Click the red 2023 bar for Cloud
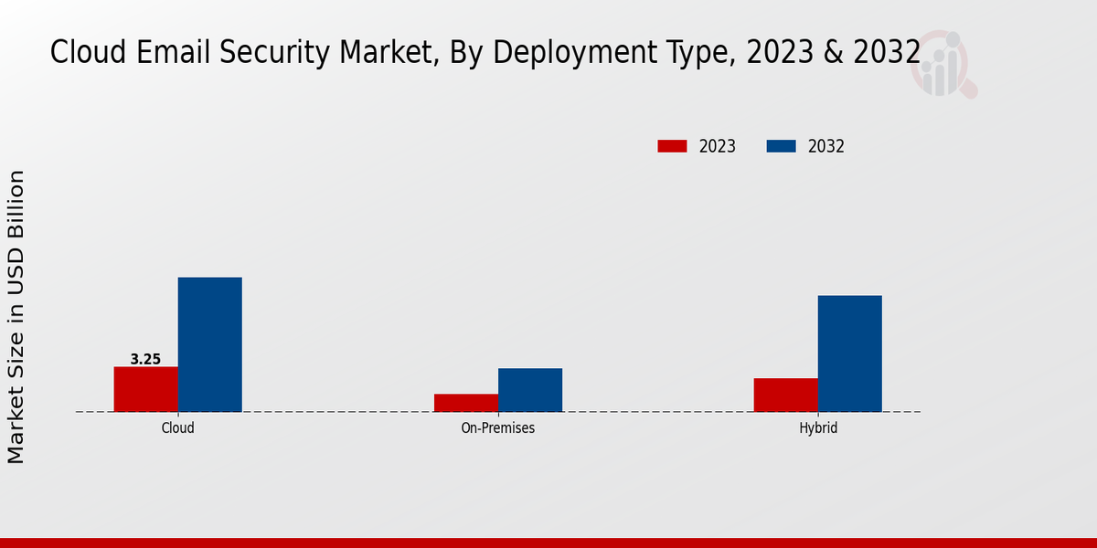(x=145, y=389)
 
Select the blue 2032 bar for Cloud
(x=209, y=344)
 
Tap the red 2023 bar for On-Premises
(x=465, y=403)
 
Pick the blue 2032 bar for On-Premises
(x=529, y=390)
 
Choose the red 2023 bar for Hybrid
(x=785, y=395)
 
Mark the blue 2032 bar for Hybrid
(x=849, y=353)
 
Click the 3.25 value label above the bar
(x=145, y=359)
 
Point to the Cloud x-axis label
(x=177, y=427)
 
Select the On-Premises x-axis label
(x=497, y=427)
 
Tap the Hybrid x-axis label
(x=817, y=427)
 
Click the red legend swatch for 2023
(x=672, y=146)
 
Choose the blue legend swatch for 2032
(x=780, y=146)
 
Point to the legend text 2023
(x=718, y=146)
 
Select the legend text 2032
(x=826, y=146)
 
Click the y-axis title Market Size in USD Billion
(x=16, y=317)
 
